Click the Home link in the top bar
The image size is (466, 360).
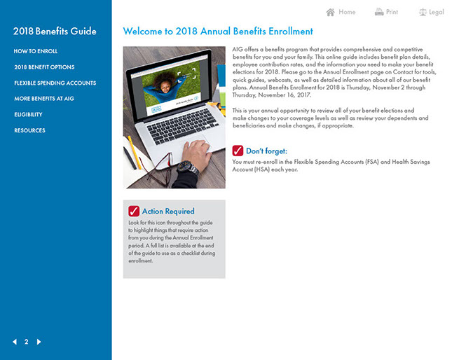click(x=347, y=12)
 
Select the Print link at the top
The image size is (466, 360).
click(x=392, y=12)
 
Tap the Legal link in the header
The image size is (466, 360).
click(x=437, y=12)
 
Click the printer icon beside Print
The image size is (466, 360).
click(x=379, y=12)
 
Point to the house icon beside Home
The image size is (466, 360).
click(x=331, y=12)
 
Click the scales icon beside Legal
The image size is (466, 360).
click(x=423, y=12)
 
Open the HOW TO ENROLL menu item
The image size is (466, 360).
click(x=36, y=51)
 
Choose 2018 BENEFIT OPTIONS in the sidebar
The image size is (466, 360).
click(x=44, y=67)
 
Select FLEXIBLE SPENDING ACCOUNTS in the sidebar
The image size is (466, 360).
click(x=55, y=83)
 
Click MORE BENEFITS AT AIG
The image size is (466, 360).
click(x=44, y=99)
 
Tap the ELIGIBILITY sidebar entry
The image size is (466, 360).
click(x=28, y=114)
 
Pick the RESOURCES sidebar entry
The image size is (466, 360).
click(x=29, y=130)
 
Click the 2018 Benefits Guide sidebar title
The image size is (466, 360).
click(x=55, y=32)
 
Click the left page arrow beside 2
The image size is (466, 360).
click(x=15, y=342)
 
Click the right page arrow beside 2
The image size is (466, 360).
click(x=39, y=342)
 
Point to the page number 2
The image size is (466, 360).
click(x=27, y=342)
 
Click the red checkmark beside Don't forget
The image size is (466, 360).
click(x=238, y=151)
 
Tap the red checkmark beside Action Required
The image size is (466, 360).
click(x=134, y=211)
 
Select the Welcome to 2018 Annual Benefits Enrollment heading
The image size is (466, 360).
click(x=218, y=32)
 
